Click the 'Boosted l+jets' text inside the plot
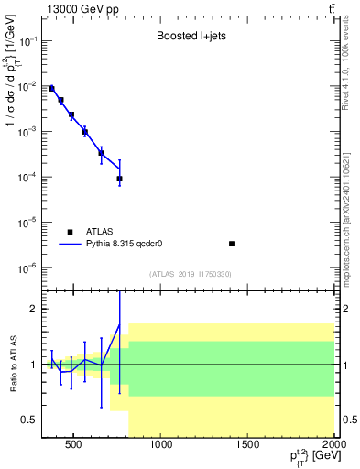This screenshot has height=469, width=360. [x=188, y=38]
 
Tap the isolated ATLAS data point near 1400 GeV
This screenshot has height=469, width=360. [x=232, y=244]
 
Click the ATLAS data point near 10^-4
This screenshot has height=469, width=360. [x=119, y=179]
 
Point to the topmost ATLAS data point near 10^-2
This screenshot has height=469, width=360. [x=51, y=89]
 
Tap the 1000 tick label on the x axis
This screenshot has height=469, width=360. [x=161, y=446]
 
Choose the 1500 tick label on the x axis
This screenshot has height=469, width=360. [x=248, y=446]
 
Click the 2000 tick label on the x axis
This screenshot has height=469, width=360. [x=333, y=446]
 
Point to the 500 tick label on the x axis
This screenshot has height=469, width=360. [x=74, y=446]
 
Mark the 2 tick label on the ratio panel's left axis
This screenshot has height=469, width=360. [x=33, y=309]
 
